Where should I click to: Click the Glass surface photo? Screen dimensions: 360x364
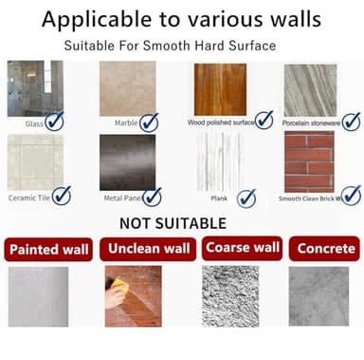coord(34,88)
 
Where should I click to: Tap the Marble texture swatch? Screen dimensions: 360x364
coord(127,88)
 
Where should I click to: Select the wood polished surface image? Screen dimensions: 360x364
coord(220,88)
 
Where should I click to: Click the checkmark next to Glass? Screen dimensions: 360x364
coord(55,121)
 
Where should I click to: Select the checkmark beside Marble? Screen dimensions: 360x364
coord(150,122)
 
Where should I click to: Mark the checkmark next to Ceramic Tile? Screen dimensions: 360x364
coord(63,196)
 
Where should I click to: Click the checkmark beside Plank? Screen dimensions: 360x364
coord(246,198)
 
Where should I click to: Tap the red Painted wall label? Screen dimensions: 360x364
coord(48,250)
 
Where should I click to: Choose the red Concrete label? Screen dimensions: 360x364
coord(326,249)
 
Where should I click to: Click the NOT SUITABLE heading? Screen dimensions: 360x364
coord(173,223)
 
